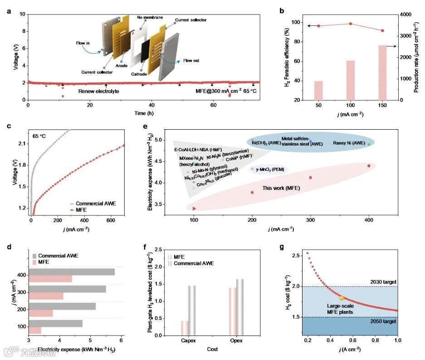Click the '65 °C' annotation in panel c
(39, 136)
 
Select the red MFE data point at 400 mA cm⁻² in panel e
(369, 166)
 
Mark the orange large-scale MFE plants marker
(342, 298)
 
